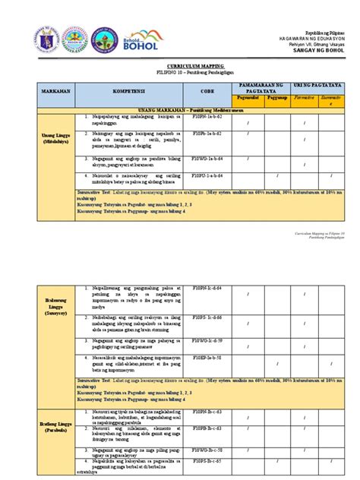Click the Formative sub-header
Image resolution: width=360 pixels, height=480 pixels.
(305, 98)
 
